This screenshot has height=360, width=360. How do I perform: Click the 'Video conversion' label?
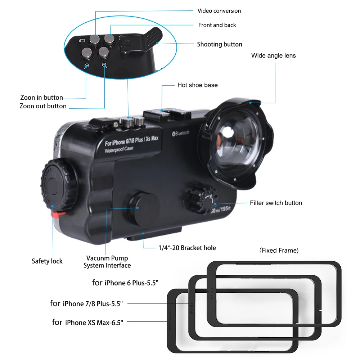(x=219, y=11)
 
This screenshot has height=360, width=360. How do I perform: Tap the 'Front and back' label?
(x=217, y=25)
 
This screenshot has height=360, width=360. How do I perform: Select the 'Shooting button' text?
(x=219, y=44)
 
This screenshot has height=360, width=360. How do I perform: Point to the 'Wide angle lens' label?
(x=274, y=55)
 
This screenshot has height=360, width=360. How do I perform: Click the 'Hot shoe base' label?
(x=197, y=85)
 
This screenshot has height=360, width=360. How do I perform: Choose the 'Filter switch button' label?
(x=276, y=203)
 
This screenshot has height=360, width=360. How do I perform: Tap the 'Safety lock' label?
(x=47, y=261)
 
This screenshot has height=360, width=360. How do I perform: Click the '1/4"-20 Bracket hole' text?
(x=187, y=248)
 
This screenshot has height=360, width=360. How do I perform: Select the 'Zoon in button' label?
(x=41, y=98)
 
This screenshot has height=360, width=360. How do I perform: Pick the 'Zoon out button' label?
(x=43, y=106)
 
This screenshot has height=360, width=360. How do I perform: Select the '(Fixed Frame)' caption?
(x=279, y=250)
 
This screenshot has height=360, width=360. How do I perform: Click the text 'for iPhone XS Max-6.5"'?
(x=87, y=322)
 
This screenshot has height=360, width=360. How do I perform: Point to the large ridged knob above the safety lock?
(x=59, y=185)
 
